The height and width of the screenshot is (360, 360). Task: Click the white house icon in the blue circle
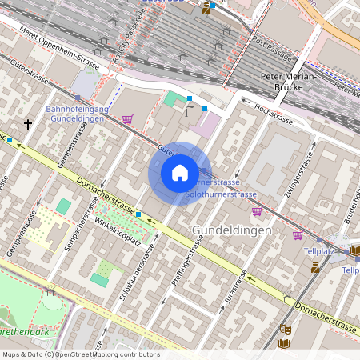(x=180, y=173)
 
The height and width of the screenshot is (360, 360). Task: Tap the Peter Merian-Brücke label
(x=289, y=82)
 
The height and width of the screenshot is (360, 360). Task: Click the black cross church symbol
(x=29, y=125)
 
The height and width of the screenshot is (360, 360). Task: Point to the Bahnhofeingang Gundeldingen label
(x=76, y=114)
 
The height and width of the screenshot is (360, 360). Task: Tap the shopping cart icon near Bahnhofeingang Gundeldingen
(x=127, y=119)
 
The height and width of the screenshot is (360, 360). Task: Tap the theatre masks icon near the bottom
(x=284, y=328)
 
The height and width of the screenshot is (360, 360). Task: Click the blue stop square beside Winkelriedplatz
(x=138, y=214)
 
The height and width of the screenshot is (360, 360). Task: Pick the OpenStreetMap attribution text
(x=81, y=354)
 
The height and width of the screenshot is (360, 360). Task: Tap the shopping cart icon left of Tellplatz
(x=298, y=234)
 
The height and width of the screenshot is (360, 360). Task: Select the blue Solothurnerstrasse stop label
(x=221, y=194)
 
